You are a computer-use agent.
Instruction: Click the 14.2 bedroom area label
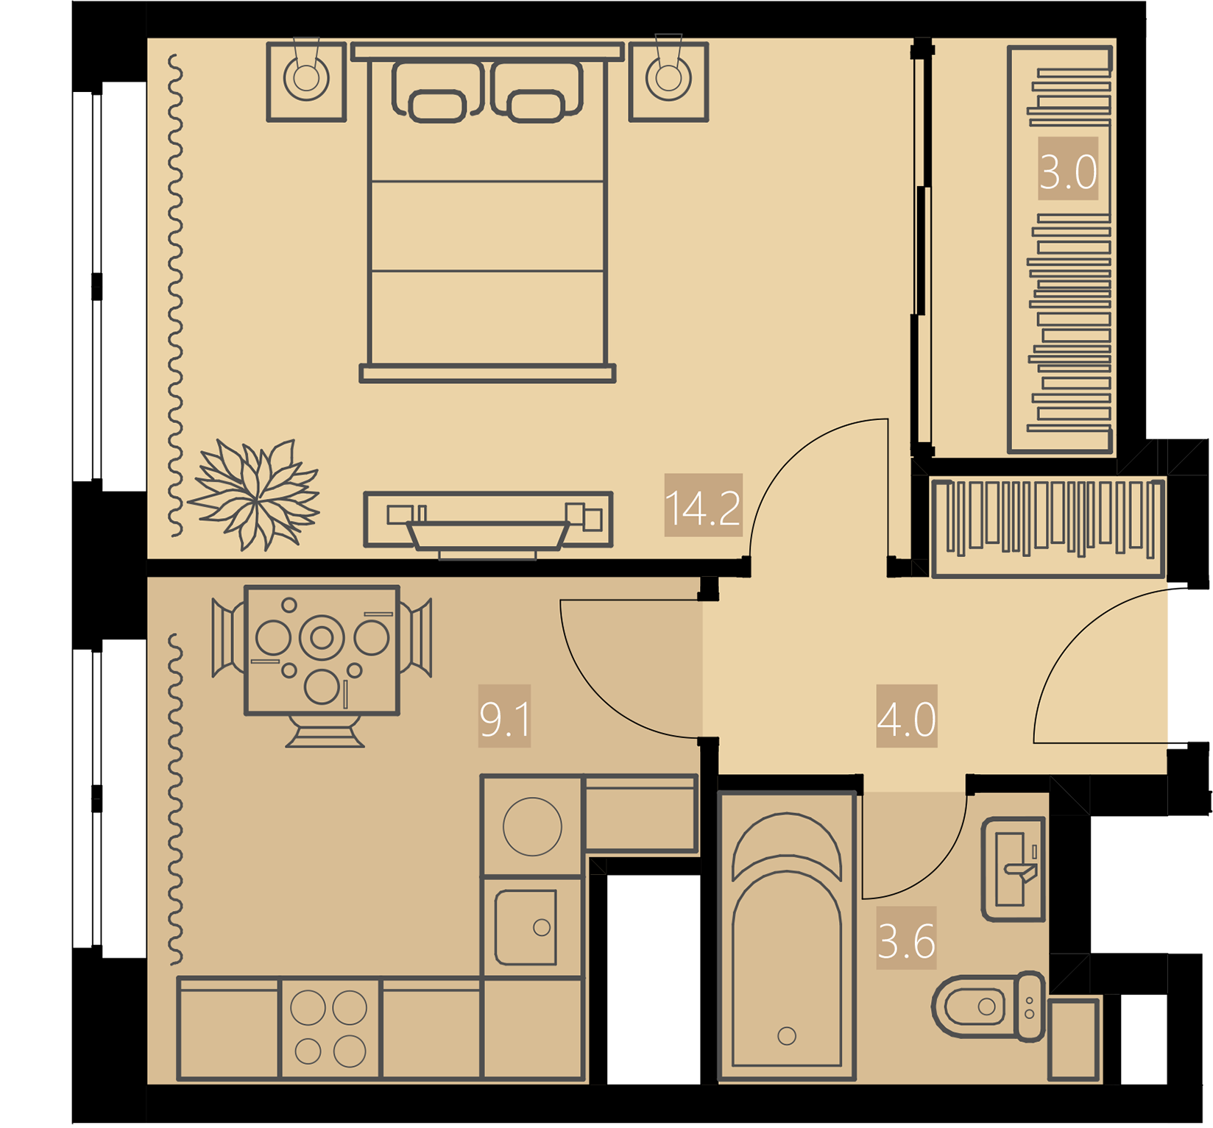pyautogui.click(x=703, y=506)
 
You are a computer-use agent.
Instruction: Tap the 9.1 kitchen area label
pyautogui.click(x=504, y=716)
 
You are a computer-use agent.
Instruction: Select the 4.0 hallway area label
pyautogui.click(x=906, y=716)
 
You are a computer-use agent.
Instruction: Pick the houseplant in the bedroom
pyautogui.click(x=255, y=495)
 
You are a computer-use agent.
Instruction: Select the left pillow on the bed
pyautogui.click(x=438, y=92)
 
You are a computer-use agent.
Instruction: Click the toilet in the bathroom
pyautogui.click(x=989, y=1006)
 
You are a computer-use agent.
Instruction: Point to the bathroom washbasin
pyautogui.click(x=1014, y=869)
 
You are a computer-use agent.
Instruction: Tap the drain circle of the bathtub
pyautogui.click(x=787, y=1036)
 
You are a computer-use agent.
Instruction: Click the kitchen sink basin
pyautogui.click(x=526, y=927)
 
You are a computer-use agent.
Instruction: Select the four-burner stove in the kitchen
pyautogui.click(x=330, y=1029)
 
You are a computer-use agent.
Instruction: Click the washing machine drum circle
pyautogui.click(x=532, y=826)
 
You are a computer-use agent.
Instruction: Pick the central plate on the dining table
pyautogui.click(x=322, y=637)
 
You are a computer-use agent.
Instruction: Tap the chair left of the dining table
pyautogui.click(x=228, y=637)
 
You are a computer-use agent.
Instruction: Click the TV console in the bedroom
pyautogui.click(x=488, y=519)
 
